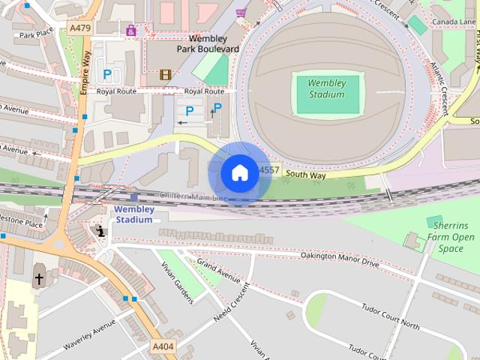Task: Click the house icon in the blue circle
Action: [239, 173]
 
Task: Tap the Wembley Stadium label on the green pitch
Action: [326, 88]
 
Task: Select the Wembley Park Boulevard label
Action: [208, 43]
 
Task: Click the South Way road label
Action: [306, 175]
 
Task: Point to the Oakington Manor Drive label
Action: [340, 260]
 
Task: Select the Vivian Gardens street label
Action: [177, 281]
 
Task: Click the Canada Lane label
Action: [454, 22]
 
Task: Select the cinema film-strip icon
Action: [165, 74]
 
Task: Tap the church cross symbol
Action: [39, 279]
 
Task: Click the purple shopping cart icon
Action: [241, 13]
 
